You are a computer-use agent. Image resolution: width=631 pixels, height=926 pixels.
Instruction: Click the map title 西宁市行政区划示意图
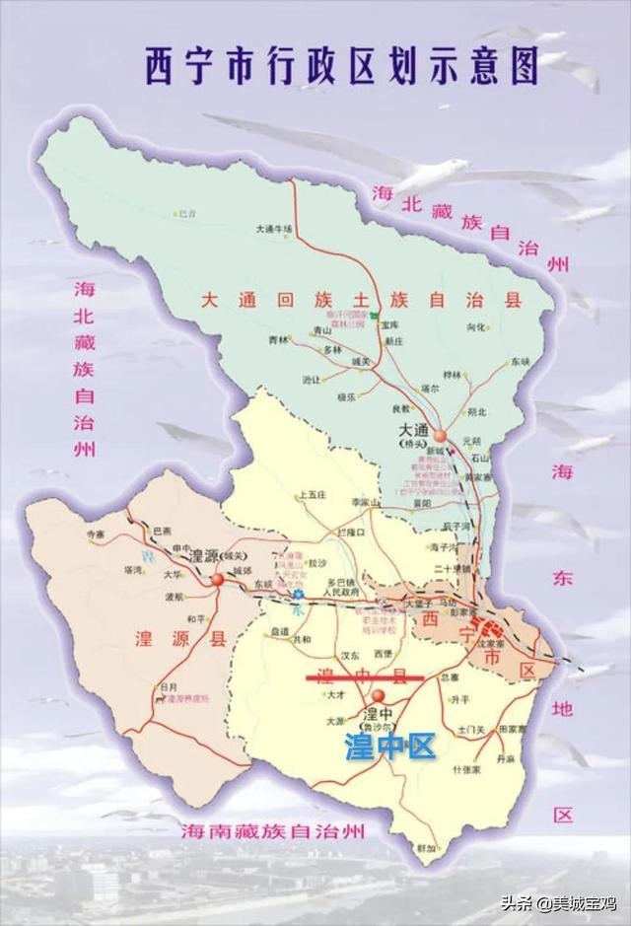[341, 66]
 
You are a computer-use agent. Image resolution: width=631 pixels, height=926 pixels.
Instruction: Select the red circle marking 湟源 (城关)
[217, 580]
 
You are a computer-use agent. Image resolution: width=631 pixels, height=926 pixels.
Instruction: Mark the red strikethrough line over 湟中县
[365, 677]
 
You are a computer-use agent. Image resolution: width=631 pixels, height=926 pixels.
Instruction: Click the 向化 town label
[476, 326]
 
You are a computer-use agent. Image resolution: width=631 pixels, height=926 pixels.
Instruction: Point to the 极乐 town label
[346, 397]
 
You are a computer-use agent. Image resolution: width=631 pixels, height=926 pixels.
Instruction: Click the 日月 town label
[169, 686]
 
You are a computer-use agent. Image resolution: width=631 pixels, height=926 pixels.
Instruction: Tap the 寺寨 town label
[96, 534]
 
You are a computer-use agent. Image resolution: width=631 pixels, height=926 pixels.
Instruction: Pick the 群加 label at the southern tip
[425, 847]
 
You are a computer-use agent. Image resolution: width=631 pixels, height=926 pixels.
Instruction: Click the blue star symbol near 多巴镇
[297, 595]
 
